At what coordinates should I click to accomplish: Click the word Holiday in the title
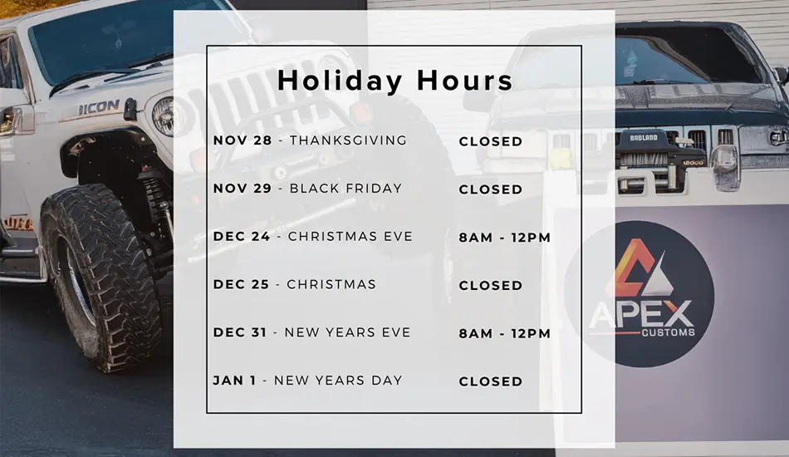(340, 81)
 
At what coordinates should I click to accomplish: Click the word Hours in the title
(464, 81)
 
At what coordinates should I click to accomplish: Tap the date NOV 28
(243, 140)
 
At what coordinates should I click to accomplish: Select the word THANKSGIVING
(348, 140)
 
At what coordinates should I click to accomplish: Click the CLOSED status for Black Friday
(491, 189)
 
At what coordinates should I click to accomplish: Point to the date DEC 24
(242, 237)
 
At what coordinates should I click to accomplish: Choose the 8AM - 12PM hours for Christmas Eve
(505, 238)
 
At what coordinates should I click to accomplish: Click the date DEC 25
(241, 284)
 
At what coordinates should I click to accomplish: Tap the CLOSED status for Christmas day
(491, 285)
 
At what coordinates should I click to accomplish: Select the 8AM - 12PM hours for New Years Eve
(505, 334)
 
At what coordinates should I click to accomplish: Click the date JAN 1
(234, 381)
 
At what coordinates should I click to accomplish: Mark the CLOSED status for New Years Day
(491, 381)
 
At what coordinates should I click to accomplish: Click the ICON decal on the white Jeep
(99, 107)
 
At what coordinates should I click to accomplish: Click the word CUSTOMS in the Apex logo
(669, 332)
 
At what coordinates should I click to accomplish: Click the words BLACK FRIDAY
(345, 189)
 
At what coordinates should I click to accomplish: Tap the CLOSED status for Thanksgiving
(491, 141)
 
